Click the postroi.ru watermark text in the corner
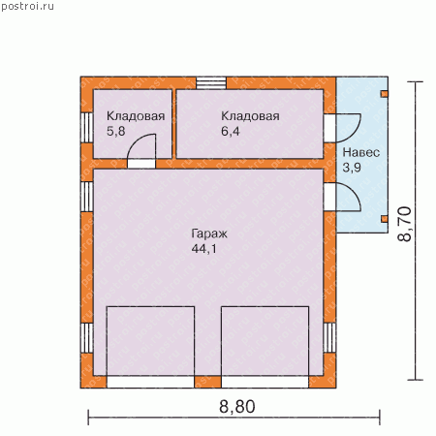[27, 6]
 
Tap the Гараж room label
[209, 234]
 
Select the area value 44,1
[204, 249]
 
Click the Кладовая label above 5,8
[136, 116]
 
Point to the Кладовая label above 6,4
[250, 116]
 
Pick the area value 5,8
[115, 131]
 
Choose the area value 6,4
[231, 131]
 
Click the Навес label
[360, 152]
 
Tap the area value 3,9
[352, 168]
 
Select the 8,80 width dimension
[237, 406]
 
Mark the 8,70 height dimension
[405, 224]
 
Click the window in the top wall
[211, 82]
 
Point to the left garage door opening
[150, 382]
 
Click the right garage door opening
[265, 382]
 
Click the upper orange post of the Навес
[385, 94]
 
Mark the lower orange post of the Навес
[385, 219]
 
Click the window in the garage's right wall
[329, 337]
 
